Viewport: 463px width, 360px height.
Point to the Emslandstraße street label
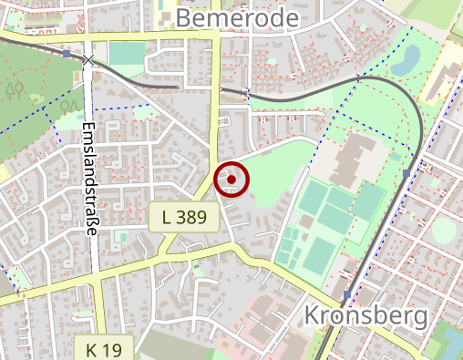tap(89, 179)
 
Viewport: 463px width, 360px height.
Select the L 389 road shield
tap(184, 217)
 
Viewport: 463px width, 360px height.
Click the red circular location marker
tap(231, 180)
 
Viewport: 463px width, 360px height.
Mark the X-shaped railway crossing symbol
tap(87, 60)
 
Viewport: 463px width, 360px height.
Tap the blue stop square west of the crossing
tap(67, 54)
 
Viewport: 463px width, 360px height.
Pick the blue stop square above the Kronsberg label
tap(347, 294)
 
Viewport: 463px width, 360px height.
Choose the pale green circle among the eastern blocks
tap(444, 229)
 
